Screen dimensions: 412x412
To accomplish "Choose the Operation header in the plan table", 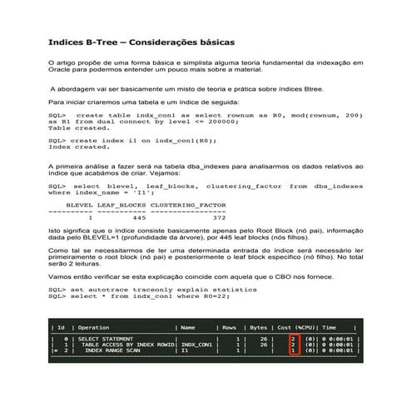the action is click(93, 328).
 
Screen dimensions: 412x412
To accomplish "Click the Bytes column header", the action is click(258, 328).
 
